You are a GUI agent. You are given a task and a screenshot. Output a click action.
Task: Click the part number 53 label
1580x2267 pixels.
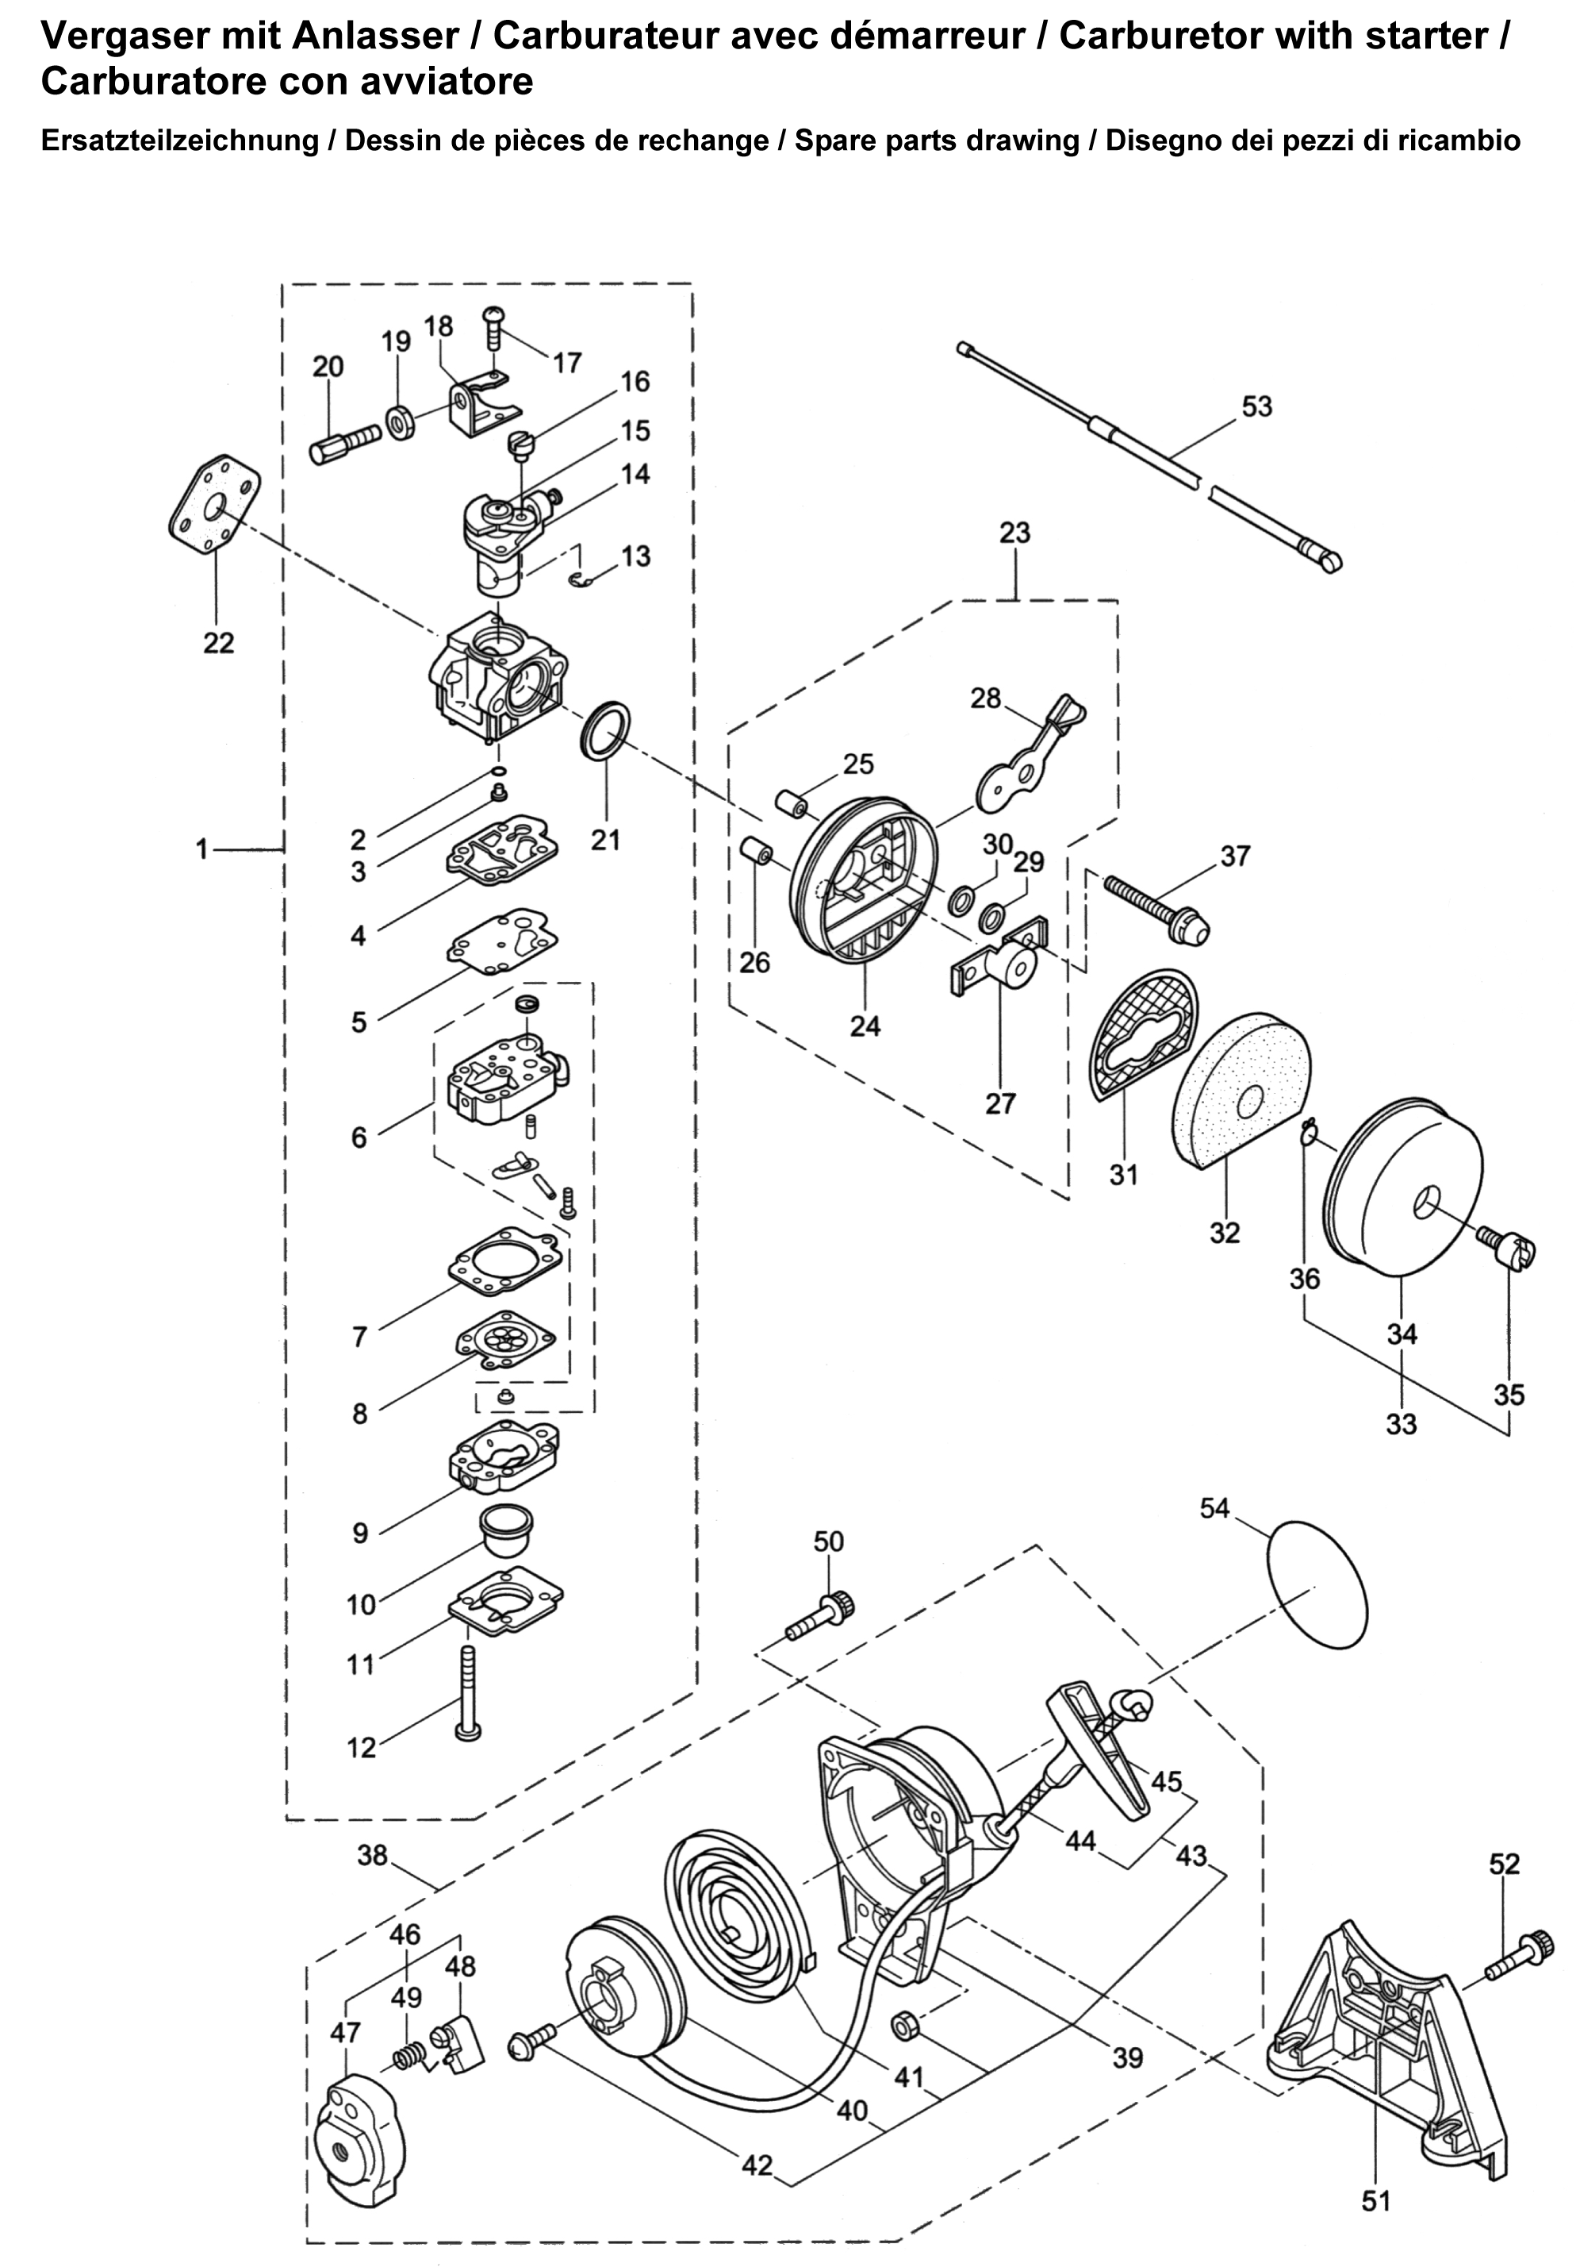tap(1256, 406)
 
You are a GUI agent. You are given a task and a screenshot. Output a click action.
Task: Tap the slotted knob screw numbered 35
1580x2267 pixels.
tap(1510, 1249)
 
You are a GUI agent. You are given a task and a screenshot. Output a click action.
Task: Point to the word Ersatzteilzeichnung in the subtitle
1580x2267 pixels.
tap(178, 140)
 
